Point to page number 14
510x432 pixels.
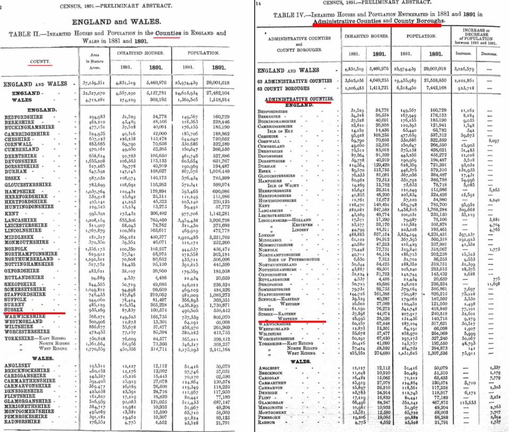click(x=259, y=3)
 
